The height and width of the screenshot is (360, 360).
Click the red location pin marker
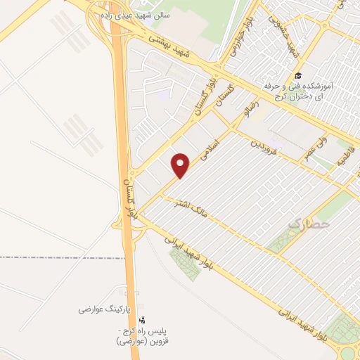tap(181, 165)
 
